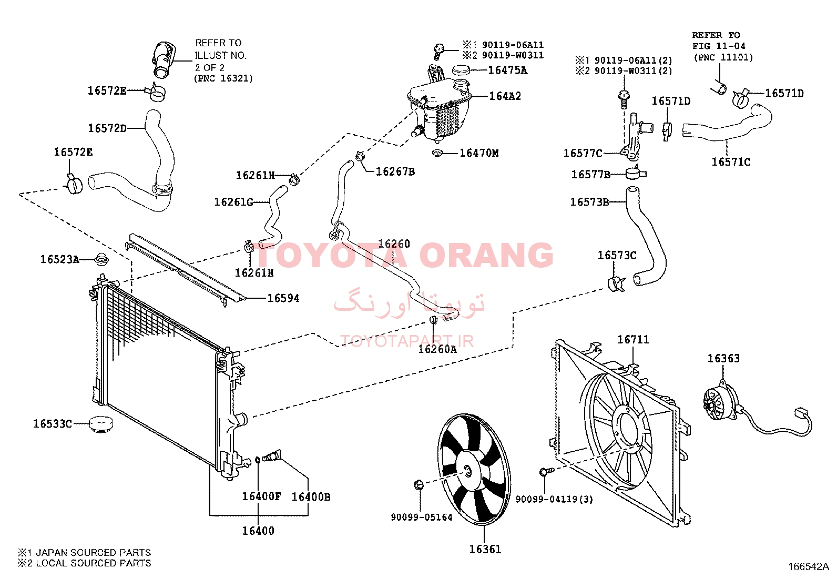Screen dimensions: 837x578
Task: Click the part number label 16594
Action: pyautogui.click(x=283, y=298)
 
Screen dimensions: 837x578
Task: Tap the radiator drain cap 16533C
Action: pyautogui.click(x=101, y=424)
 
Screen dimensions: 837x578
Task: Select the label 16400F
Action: pyautogui.click(x=261, y=496)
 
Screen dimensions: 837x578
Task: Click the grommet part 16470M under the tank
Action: pyautogui.click(x=437, y=153)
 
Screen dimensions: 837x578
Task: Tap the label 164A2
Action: pyautogui.click(x=505, y=96)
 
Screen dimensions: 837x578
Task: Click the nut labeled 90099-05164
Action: pyautogui.click(x=419, y=485)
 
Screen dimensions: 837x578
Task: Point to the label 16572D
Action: pyautogui.click(x=107, y=128)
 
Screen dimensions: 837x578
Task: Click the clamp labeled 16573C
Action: pyautogui.click(x=616, y=284)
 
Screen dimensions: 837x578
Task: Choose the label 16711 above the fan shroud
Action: pyautogui.click(x=633, y=339)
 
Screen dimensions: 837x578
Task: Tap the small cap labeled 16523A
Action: pyautogui.click(x=100, y=259)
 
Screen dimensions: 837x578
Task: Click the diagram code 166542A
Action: pyautogui.click(x=809, y=567)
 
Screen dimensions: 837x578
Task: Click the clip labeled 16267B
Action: pyautogui.click(x=360, y=156)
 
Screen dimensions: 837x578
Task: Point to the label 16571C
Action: pyautogui.click(x=730, y=162)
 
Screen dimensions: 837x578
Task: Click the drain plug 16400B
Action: pyautogui.click(x=272, y=456)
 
